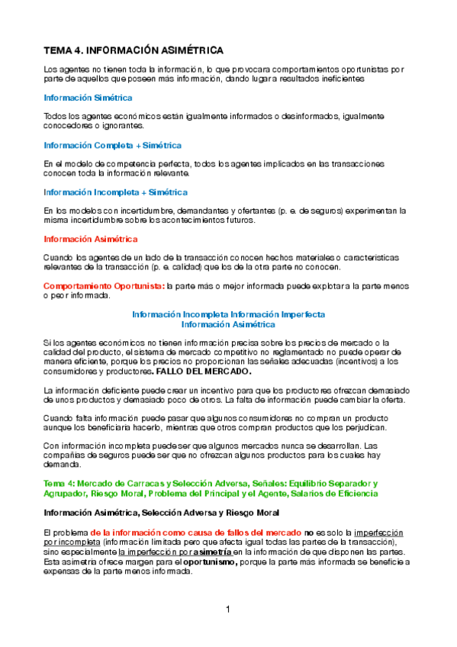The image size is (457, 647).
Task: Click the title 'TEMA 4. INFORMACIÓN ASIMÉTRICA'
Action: click(x=134, y=50)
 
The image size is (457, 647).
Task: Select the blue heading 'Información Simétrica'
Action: click(x=88, y=98)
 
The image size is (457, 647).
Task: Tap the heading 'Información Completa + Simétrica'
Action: click(x=112, y=145)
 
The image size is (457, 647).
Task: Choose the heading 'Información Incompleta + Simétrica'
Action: click(x=115, y=192)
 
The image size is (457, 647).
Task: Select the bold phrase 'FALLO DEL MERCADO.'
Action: click(x=202, y=372)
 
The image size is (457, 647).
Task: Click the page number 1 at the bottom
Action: click(x=227, y=609)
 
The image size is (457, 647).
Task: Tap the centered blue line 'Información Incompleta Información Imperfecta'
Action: click(x=229, y=314)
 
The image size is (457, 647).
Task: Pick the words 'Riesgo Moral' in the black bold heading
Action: click(x=231, y=512)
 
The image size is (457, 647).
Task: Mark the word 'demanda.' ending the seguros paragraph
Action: click(x=61, y=464)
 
